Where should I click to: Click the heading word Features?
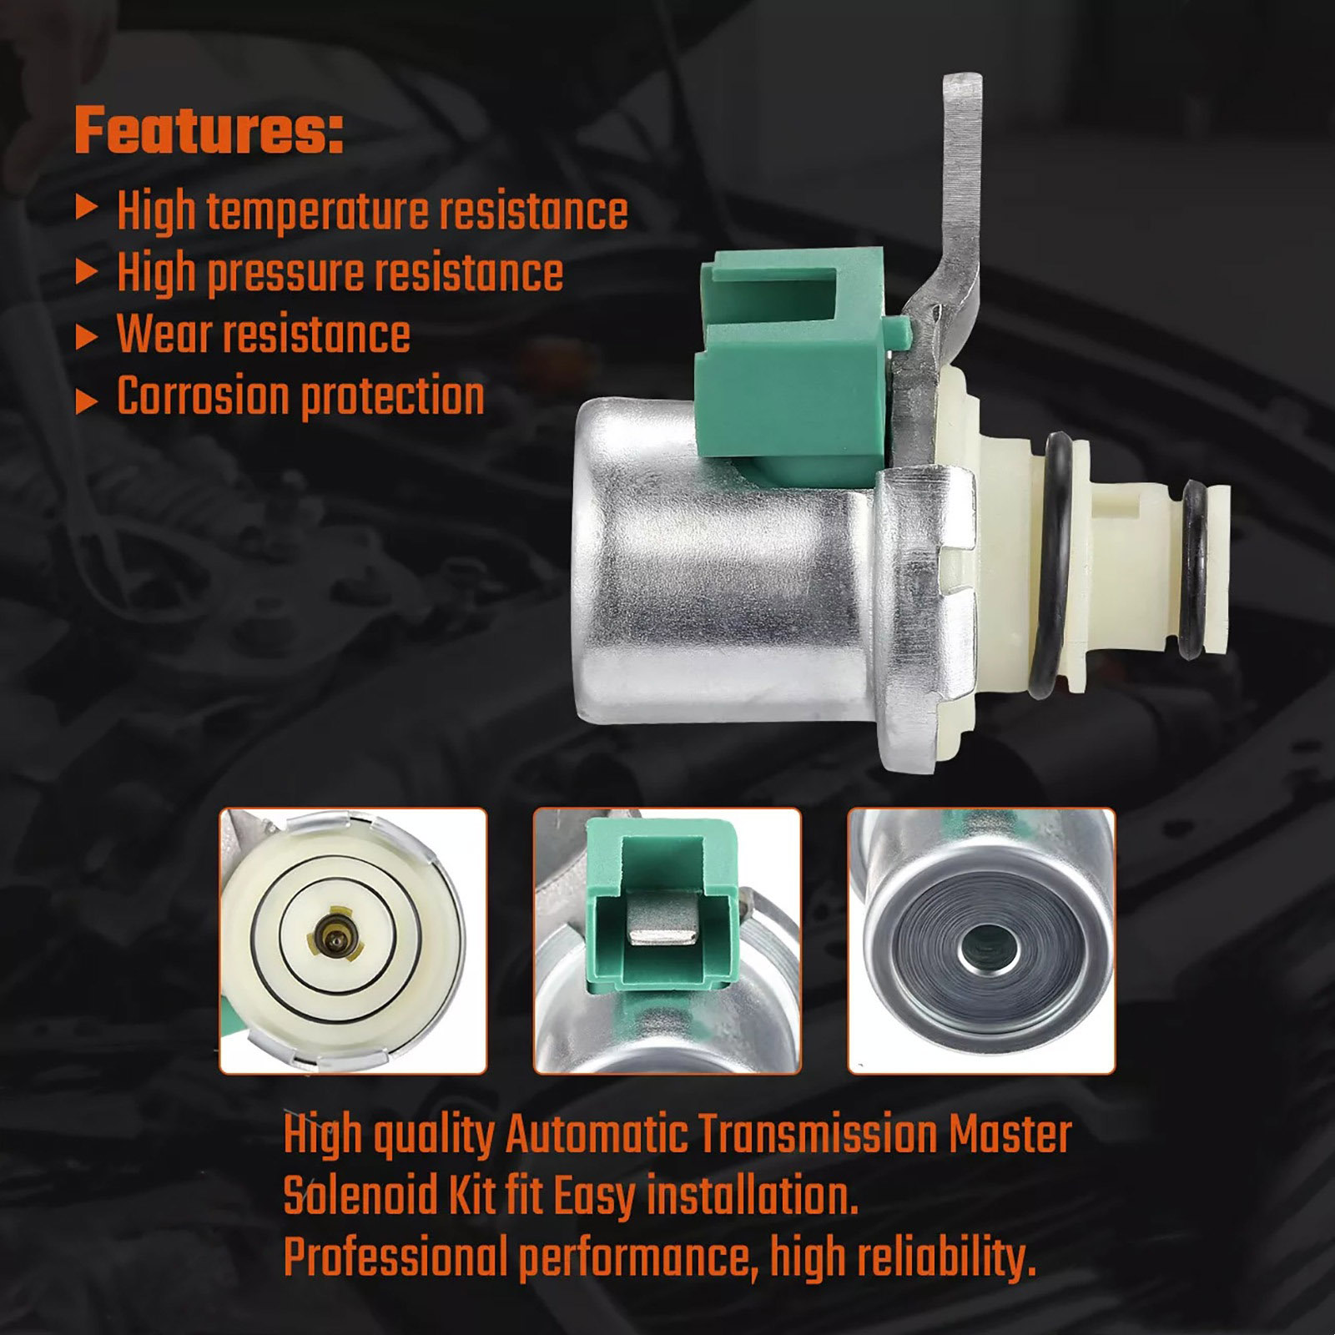[209, 130]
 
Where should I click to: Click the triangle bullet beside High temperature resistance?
[87, 208]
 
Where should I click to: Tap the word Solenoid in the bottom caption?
[361, 1196]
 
